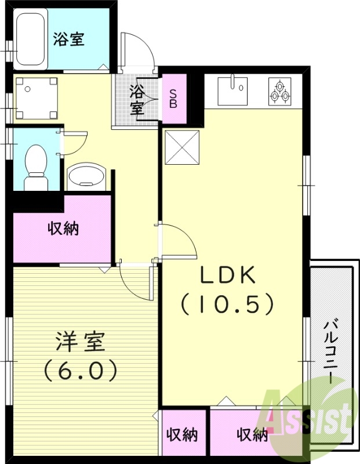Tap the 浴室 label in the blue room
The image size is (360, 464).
70,39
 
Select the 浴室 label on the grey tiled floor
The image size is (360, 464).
137,99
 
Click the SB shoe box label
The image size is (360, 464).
174,99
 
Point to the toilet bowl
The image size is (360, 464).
36,165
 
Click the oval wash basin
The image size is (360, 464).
86,175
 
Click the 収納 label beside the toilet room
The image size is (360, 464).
63,229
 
